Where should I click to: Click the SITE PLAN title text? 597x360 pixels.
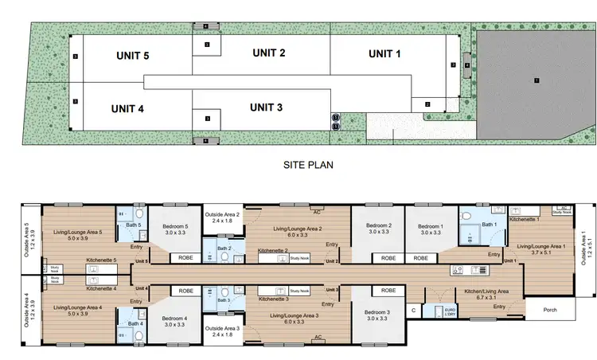(308, 166)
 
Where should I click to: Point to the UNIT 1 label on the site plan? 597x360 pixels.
(385, 54)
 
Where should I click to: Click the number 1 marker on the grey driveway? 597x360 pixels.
(537, 80)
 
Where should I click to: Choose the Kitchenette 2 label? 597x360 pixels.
(274, 250)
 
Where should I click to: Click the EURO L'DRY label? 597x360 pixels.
(450, 311)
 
